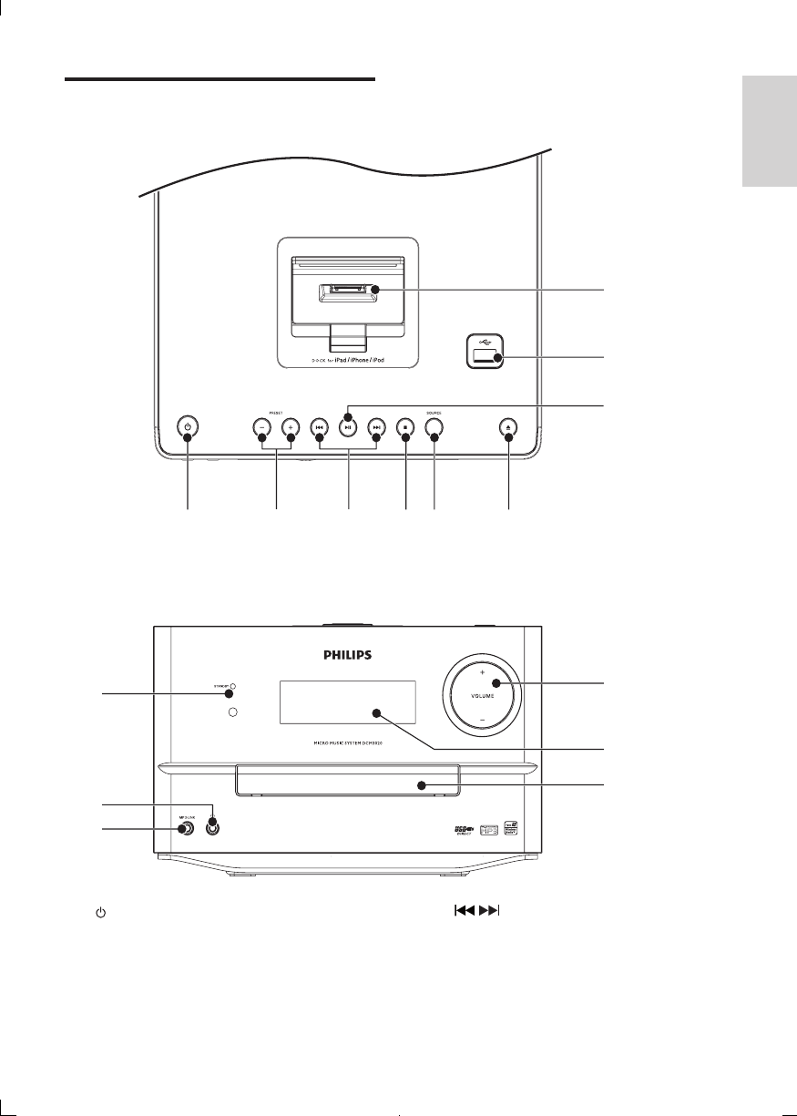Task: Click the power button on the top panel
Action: click(188, 426)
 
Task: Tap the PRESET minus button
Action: click(261, 426)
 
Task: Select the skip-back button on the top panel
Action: click(319, 426)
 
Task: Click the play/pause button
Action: click(347, 425)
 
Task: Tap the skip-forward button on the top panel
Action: click(376, 426)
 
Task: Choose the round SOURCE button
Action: click(434, 426)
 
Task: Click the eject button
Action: click(508, 426)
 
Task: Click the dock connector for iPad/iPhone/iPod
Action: click(347, 292)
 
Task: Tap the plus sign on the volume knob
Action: click(483, 671)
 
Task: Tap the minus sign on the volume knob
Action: click(483, 719)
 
